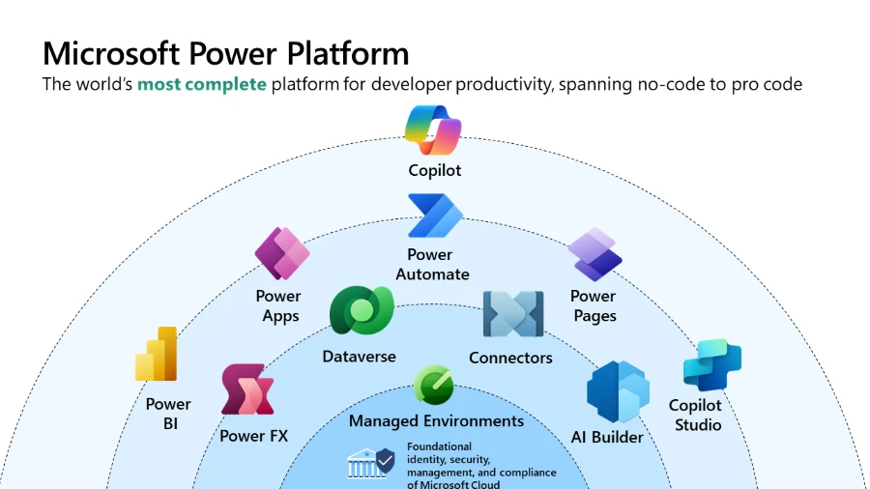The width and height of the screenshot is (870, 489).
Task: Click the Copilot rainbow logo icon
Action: pyautogui.click(x=434, y=130)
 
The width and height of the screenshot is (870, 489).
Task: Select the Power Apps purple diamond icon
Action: pyautogui.click(x=282, y=253)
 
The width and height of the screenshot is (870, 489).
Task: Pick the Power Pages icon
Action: pyautogui.click(x=594, y=254)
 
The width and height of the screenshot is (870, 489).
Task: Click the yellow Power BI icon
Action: pyautogui.click(x=158, y=355)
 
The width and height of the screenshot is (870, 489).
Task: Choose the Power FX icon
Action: pyautogui.click(x=247, y=389)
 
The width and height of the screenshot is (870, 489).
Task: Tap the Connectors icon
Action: pyautogui.click(x=512, y=314)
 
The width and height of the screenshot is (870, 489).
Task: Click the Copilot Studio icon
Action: pyautogui.click(x=711, y=364)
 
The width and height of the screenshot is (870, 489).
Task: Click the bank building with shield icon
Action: pyautogui.click(x=371, y=464)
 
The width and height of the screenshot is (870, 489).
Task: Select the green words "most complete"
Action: pyautogui.click(x=201, y=84)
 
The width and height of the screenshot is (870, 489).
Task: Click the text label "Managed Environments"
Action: pyautogui.click(x=436, y=420)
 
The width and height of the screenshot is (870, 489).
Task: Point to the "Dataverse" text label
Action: pyautogui.click(x=359, y=357)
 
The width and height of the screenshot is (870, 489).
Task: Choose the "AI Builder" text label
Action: pyautogui.click(x=607, y=437)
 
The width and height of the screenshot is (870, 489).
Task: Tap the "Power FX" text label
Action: pyautogui.click(x=253, y=436)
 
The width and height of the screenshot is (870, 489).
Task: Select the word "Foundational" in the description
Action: pyautogui.click(x=439, y=446)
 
